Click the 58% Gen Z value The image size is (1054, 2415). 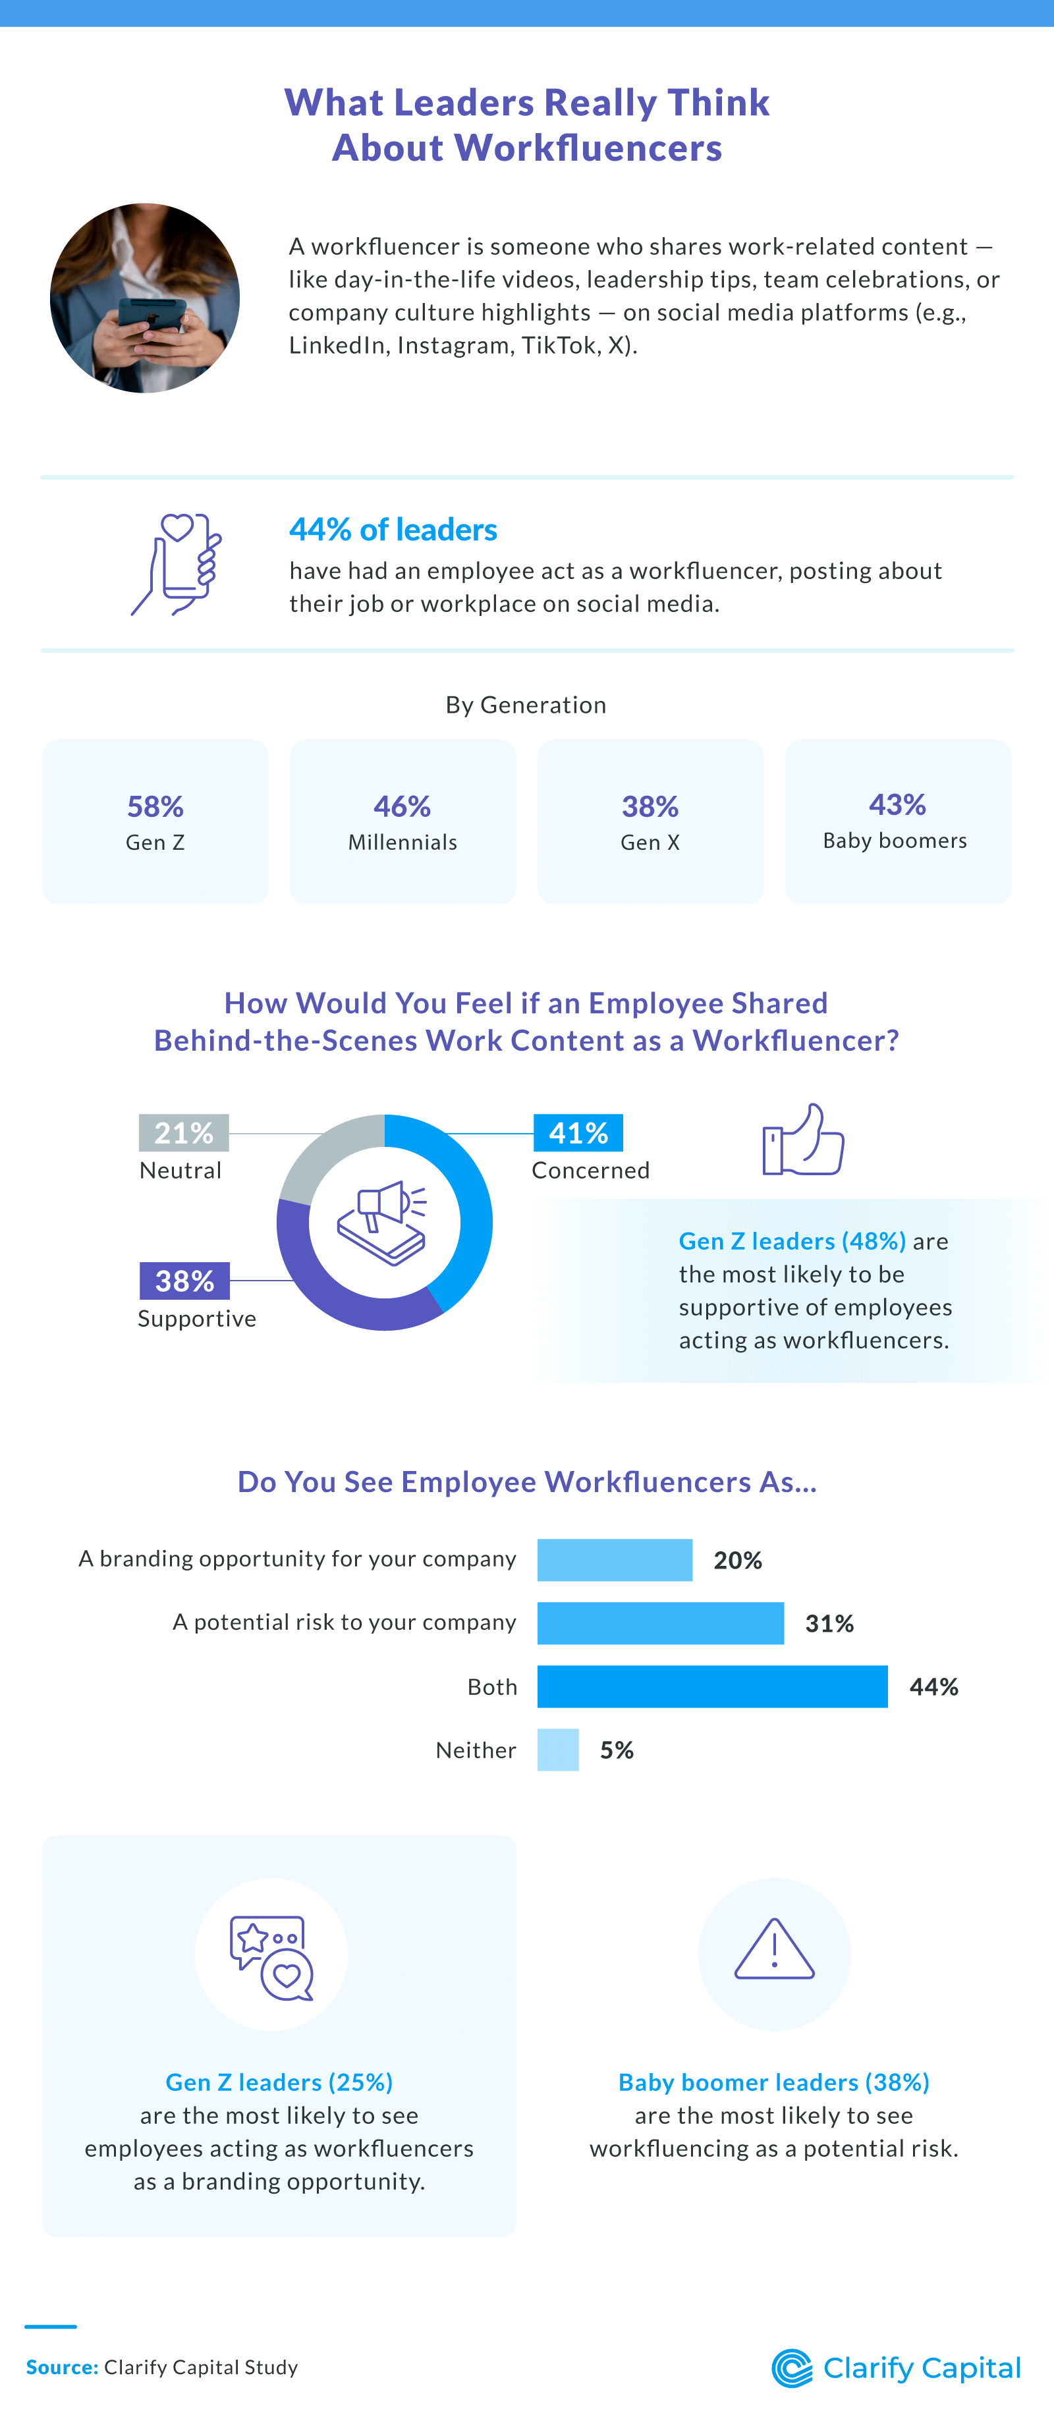click(155, 806)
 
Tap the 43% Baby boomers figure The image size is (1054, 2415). click(897, 804)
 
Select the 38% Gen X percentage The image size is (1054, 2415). click(650, 806)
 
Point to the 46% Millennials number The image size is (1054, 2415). click(402, 806)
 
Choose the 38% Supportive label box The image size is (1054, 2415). click(184, 1281)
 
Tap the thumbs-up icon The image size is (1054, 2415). click(803, 1140)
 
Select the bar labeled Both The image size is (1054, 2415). click(711, 1686)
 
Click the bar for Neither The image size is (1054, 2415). click(558, 1750)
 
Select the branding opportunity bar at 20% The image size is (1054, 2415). click(614, 1560)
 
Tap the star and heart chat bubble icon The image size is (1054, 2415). click(272, 1958)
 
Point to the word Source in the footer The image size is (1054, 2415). click(62, 2367)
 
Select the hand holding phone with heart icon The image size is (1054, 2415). click(177, 563)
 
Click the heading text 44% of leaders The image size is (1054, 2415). click(393, 530)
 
